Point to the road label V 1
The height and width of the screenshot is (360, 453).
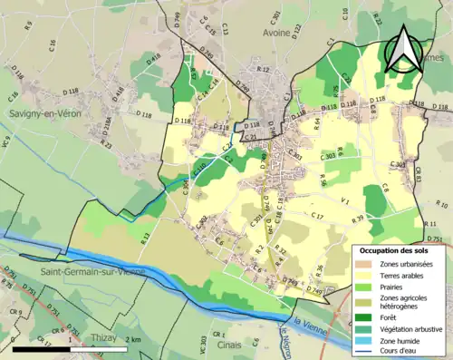[x=345, y=201]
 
